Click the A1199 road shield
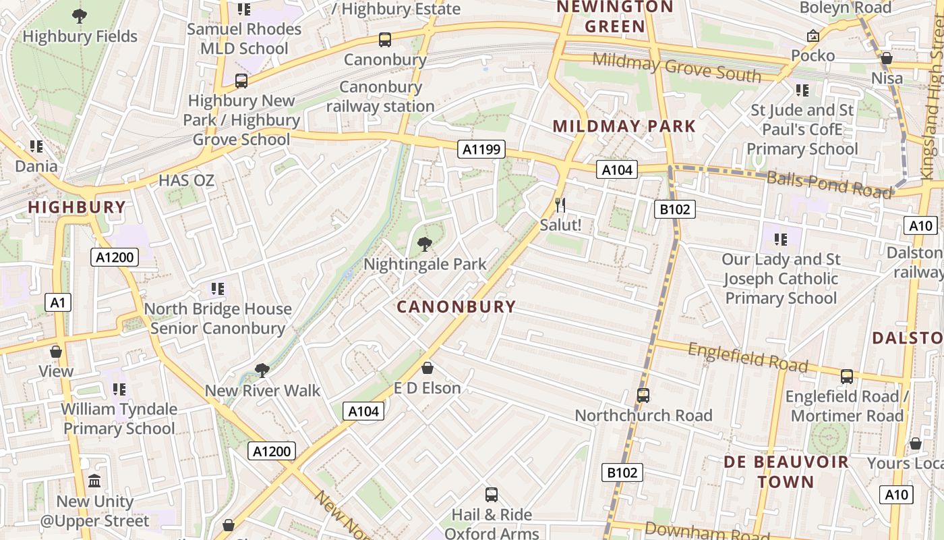[481, 149]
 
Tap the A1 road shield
[59, 302]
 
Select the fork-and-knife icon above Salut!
[560, 205]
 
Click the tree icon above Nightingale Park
[425, 244]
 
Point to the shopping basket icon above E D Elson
[427, 368]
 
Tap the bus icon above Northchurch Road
[643, 395]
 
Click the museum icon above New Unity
[94, 481]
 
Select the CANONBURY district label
[456, 307]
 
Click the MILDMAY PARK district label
[624, 126]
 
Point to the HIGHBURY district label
[77, 207]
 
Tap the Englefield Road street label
[747, 358]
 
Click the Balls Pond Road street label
[829, 184]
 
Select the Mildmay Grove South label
[676, 67]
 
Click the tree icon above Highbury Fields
[80, 16]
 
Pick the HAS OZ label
[186, 180]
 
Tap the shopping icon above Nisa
[887, 59]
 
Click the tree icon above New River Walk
[262, 370]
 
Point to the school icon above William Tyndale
[119, 389]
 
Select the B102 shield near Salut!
[674, 209]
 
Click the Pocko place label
[813, 55]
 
